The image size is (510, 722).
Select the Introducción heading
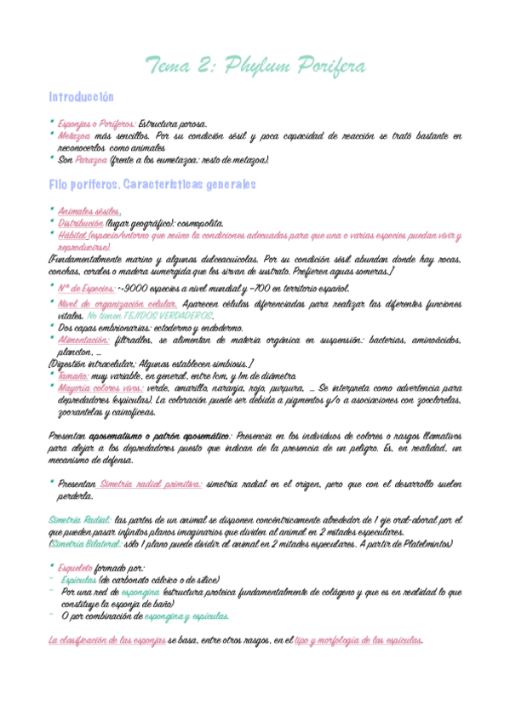tap(82, 98)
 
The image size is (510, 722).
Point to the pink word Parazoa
tap(91, 159)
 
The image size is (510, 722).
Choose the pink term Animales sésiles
tap(89, 211)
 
